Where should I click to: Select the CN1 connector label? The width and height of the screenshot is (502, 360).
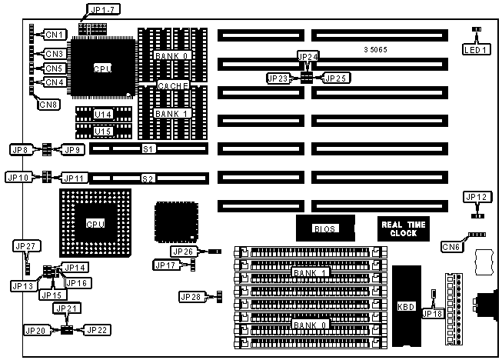pos(54,34)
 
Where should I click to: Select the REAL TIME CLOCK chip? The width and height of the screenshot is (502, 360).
pos(404,228)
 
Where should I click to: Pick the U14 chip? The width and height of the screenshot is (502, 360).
pos(103,115)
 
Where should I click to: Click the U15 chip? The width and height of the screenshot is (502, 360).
pos(103,131)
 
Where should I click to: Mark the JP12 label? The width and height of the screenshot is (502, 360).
pos(477,197)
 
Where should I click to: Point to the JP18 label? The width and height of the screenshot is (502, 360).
pos(433,312)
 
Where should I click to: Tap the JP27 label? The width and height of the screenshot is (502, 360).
pos(25,246)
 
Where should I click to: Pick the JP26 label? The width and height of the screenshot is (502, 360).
pos(184,252)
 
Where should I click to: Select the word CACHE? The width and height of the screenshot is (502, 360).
pos(173,85)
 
